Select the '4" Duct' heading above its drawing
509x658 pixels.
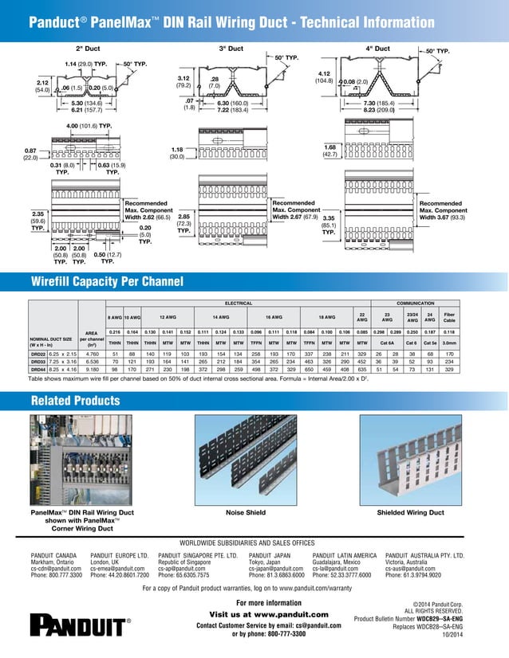tap(377, 49)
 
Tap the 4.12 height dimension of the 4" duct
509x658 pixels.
tap(324, 74)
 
